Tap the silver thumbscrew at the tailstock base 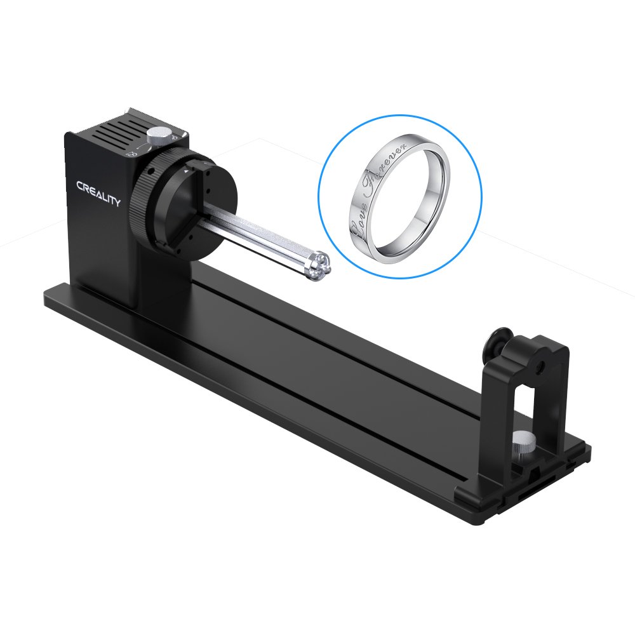(523, 440)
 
